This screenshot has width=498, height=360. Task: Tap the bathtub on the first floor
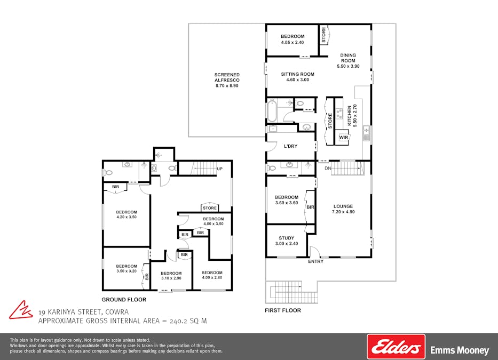272,111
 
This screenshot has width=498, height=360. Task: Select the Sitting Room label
298,74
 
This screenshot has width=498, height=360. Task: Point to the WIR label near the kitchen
344,138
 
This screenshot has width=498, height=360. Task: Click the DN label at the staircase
328,168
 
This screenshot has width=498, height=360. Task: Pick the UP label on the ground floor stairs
220,169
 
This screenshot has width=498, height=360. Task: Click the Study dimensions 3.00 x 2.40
287,244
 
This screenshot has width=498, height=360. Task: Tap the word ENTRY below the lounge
315,261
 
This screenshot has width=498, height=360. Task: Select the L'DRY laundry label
290,146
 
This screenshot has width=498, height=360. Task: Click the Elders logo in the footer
396,347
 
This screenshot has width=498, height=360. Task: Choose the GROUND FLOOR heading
124,300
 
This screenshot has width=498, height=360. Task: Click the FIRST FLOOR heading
283,310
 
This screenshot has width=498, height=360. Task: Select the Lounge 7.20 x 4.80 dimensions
343,212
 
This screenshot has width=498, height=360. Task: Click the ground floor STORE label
210,208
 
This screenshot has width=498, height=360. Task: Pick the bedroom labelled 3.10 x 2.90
171,276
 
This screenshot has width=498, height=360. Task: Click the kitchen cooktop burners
339,114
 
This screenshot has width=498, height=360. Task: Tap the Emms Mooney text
460,350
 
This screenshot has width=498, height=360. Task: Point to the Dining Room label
348,58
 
